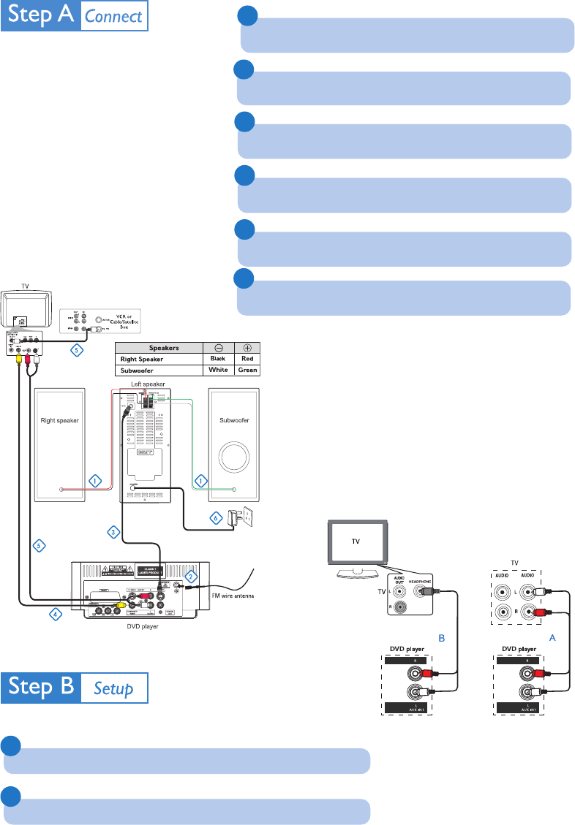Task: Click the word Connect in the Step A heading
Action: (113, 17)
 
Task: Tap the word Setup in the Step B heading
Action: (113, 688)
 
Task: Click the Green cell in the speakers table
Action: (247, 370)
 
